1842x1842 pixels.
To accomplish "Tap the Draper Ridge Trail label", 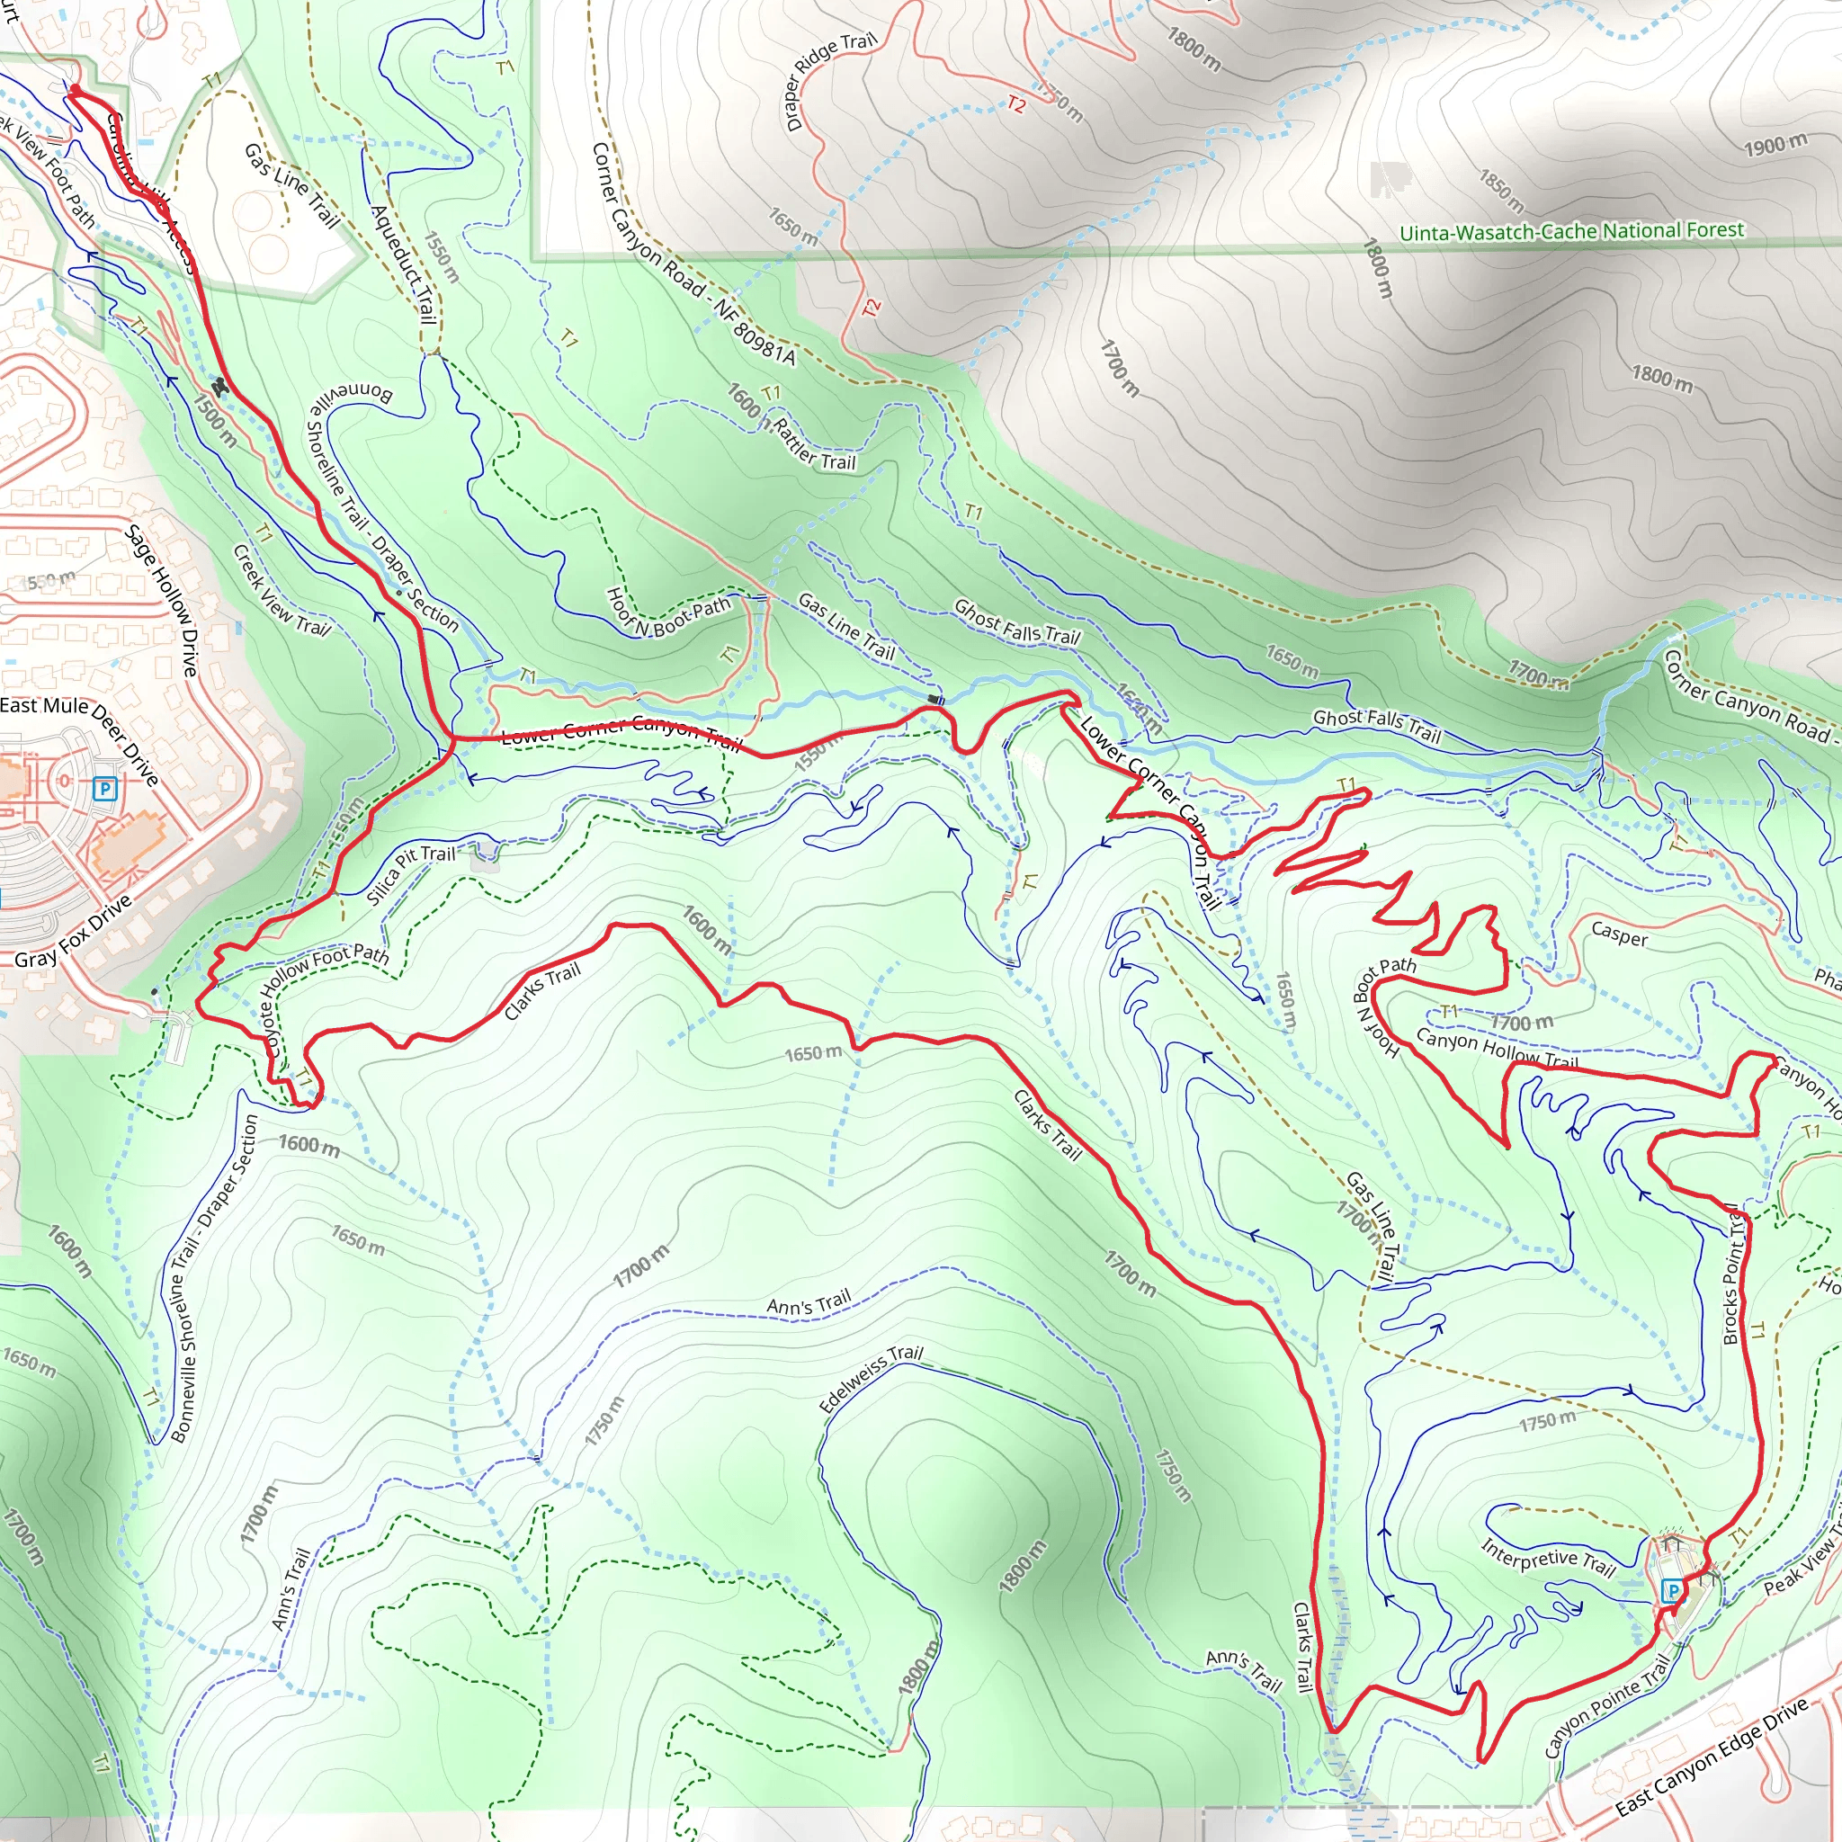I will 828,82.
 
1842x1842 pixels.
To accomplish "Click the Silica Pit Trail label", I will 411,873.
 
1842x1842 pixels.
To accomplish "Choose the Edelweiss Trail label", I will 871,1378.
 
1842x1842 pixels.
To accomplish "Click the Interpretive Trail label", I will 1547,1558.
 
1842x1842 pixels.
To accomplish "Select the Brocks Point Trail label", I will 1734,1274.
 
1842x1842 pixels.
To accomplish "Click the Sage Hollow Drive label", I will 163,601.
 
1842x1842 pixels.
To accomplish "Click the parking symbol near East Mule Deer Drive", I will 105,789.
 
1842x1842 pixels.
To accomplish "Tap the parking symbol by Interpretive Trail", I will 1671,1590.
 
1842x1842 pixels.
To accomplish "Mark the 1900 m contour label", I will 1775,145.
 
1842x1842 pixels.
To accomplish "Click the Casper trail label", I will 1619,934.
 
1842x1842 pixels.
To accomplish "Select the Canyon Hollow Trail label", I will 1497,1048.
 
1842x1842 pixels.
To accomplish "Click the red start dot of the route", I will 76,90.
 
